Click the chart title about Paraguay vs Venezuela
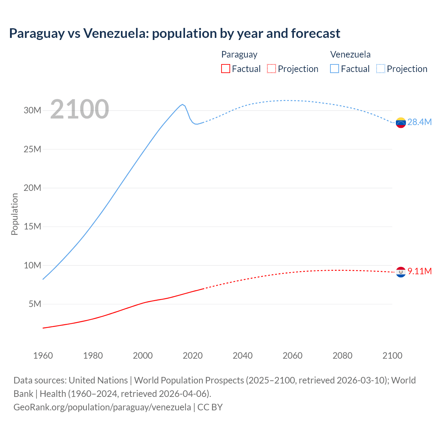pyautogui.click(x=174, y=33)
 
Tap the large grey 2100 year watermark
pyautogui.click(x=80, y=109)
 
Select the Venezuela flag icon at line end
pyautogui.click(x=401, y=123)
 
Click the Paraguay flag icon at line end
pyautogui.click(x=401, y=272)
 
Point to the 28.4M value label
pyautogui.click(x=419, y=122)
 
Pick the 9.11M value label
pyautogui.click(x=419, y=271)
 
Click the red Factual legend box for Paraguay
pyautogui.click(x=225, y=69)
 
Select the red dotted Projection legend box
pyautogui.click(x=271, y=69)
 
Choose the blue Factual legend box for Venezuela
pyautogui.click(x=334, y=69)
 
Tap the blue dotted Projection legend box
pyautogui.click(x=381, y=69)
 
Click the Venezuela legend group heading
pyautogui.click(x=350, y=54)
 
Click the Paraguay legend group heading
pyautogui.click(x=239, y=54)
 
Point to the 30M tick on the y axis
pyautogui.click(x=32, y=111)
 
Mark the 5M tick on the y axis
pyautogui.click(x=35, y=304)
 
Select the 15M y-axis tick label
pyautogui.click(x=32, y=227)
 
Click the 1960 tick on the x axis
pyautogui.click(x=43, y=356)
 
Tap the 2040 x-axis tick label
pyautogui.click(x=243, y=356)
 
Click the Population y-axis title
pyautogui.click(x=14, y=214)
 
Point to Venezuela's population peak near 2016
pyautogui.click(x=182, y=104)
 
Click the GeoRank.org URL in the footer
pyautogui.click(x=102, y=407)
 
